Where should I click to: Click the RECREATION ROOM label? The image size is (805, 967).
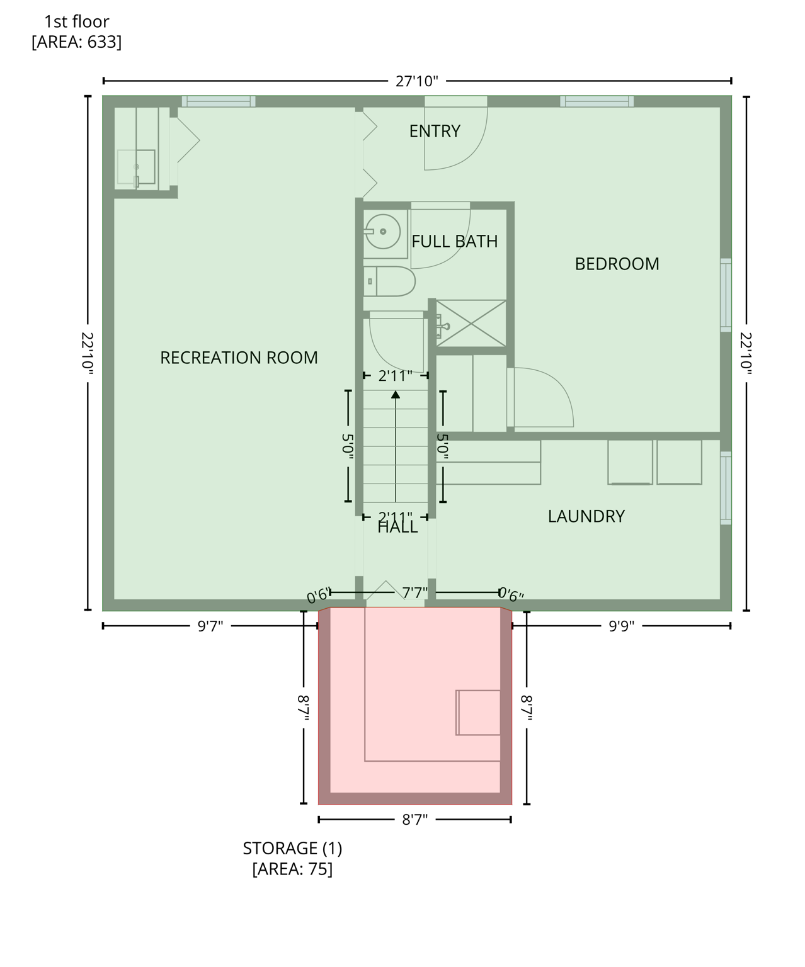[239, 358]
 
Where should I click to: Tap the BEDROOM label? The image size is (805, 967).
[617, 264]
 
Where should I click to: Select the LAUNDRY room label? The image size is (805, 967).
[586, 516]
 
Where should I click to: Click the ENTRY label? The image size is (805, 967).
[435, 131]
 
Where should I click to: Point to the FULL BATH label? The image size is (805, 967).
[454, 241]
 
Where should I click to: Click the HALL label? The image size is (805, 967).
[397, 528]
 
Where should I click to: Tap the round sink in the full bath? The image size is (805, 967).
[382, 232]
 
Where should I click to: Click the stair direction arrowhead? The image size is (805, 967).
[396, 395]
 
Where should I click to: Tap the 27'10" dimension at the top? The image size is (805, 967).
[416, 81]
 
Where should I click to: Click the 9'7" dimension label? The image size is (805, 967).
[210, 626]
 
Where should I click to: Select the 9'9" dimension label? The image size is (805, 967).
[621, 626]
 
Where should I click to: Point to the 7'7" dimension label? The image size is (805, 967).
[414, 592]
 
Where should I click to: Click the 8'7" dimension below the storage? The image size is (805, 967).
[414, 820]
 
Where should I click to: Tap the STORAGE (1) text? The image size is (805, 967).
[292, 848]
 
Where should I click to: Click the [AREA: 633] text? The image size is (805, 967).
[76, 42]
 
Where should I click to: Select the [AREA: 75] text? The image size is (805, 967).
[292, 869]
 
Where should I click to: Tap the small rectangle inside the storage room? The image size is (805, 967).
[479, 712]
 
